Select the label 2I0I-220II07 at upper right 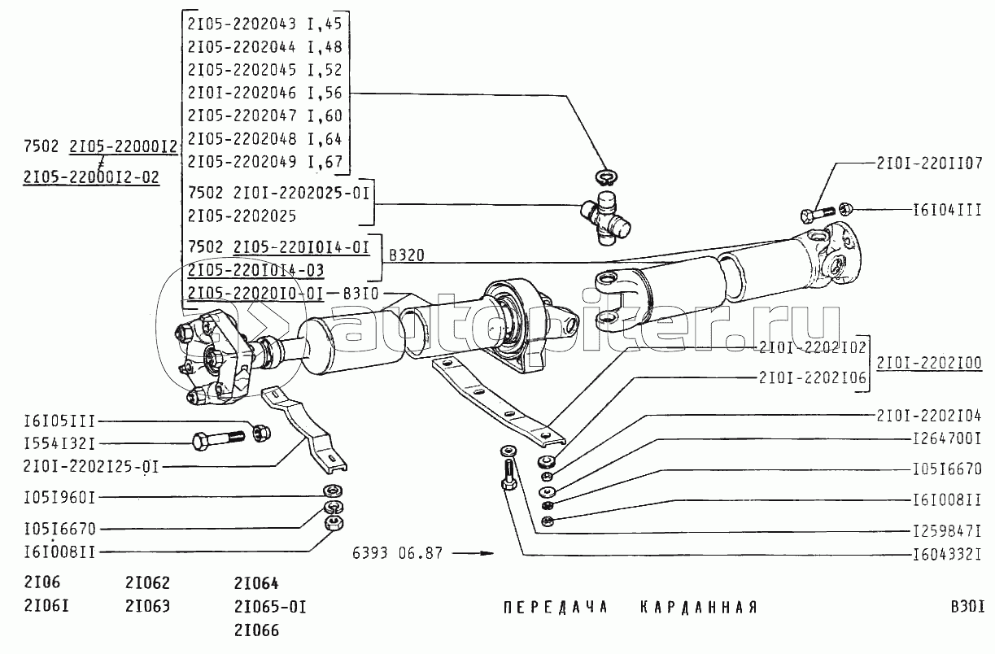tap(930, 161)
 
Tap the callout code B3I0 tap(360, 293)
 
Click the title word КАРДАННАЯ tap(697, 608)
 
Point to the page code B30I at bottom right tap(967, 607)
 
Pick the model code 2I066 tap(256, 630)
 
